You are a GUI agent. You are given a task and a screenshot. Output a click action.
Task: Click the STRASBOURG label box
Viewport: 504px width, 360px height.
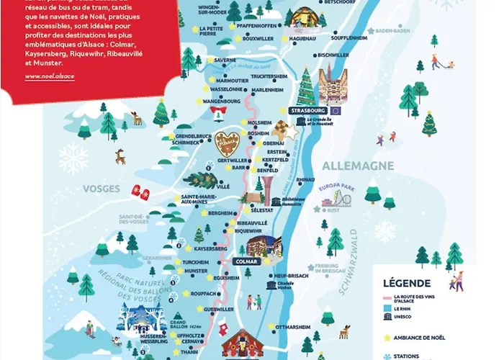coord(307,111)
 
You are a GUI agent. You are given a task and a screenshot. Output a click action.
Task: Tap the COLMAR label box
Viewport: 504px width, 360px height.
coord(247,261)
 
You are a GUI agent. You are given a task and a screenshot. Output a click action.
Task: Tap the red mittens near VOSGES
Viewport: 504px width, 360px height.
coord(139,192)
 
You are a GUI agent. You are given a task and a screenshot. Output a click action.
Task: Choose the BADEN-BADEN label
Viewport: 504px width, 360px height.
coord(392,30)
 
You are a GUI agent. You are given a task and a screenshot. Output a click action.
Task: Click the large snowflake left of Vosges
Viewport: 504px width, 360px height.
coord(73,158)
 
